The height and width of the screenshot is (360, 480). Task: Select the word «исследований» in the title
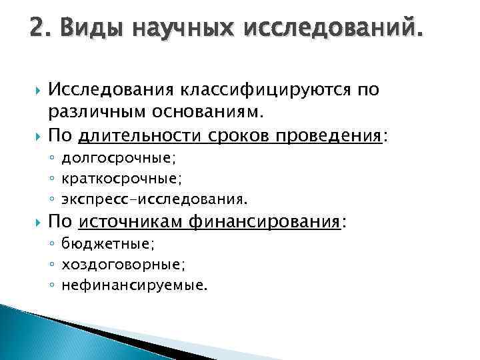333,30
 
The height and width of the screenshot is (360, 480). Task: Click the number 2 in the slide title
37,30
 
